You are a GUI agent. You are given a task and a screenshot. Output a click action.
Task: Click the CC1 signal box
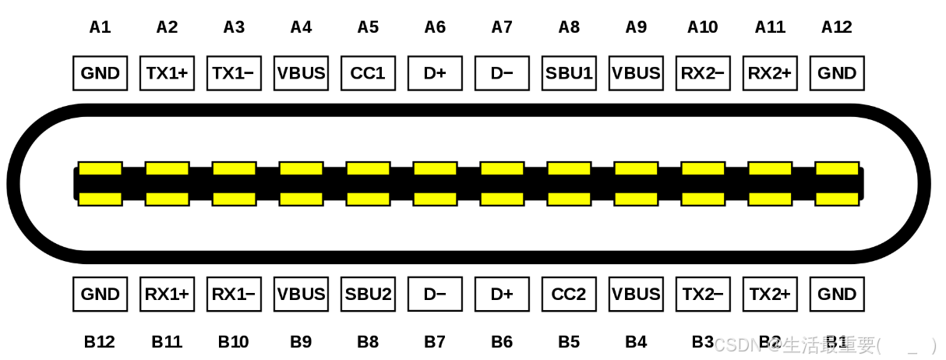[x=368, y=73]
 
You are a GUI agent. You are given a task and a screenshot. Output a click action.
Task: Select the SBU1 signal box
[x=569, y=73]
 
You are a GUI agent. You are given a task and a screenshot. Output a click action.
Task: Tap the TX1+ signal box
[x=167, y=73]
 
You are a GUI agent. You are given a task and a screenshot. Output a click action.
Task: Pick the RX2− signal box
[x=703, y=73]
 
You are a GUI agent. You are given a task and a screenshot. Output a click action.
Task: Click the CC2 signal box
[x=569, y=295]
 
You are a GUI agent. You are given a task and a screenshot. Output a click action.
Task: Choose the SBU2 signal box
[x=368, y=295]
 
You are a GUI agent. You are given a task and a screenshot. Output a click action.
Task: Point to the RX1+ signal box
[x=167, y=295]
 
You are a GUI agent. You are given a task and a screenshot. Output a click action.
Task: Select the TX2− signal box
[x=703, y=295]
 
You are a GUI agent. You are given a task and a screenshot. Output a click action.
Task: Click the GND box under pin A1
[x=100, y=73]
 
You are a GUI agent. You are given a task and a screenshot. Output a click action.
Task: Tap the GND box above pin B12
[x=100, y=295]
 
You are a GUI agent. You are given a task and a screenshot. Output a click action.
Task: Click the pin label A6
[x=435, y=27]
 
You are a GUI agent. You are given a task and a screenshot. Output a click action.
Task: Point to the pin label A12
[x=837, y=27]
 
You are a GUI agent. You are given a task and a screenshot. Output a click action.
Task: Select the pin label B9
[x=301, y=341]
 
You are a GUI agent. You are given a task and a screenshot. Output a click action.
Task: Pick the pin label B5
[x=569, y=341]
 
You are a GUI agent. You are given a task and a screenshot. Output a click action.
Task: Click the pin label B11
[x=167, y=341]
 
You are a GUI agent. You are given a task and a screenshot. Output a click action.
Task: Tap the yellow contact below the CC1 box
[x=368, y=168]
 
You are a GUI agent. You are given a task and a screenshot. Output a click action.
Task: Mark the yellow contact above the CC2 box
[x=569, y=199]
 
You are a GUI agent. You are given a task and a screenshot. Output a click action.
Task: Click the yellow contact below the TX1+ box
[x=167, y=168]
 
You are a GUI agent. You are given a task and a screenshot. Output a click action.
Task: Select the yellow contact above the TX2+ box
[x=770, y=199]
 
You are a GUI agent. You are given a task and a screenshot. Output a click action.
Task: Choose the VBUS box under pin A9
[x=636, y=73]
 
